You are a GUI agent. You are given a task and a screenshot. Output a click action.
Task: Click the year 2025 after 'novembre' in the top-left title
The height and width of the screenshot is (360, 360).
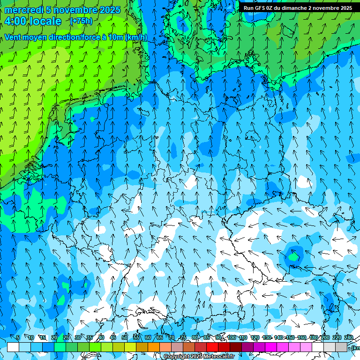pos(109,10)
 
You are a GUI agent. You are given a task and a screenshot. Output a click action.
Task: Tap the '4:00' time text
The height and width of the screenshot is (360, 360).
pos(16,21)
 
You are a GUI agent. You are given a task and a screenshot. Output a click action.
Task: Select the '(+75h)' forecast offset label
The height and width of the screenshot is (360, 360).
pos(81,21)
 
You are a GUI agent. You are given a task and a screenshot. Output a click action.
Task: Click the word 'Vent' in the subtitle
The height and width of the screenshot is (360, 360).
pos(14,37)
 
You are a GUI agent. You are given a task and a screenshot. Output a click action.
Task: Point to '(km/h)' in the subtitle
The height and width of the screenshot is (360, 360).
pos(136,37)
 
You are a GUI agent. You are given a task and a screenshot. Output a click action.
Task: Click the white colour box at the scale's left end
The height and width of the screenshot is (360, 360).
pos(13,347)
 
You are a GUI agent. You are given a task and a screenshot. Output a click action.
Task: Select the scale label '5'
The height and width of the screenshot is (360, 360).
pos(18,337)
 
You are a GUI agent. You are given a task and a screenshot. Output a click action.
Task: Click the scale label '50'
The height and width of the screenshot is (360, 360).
pos(125,337)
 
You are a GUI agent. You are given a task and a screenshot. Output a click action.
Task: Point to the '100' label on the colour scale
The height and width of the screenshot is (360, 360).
pos(231,337)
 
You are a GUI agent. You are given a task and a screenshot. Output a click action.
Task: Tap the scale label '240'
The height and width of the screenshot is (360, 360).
pos(349,337)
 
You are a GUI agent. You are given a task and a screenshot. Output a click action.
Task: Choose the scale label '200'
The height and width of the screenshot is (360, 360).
pos(325,337)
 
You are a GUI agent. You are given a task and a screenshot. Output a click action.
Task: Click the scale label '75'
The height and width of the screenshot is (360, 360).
pos(183,337)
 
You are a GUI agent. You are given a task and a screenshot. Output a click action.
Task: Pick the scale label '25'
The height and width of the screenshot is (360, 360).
pos(66,337)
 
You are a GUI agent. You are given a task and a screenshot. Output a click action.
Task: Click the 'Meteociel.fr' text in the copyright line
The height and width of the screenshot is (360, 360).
pos(218,357)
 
